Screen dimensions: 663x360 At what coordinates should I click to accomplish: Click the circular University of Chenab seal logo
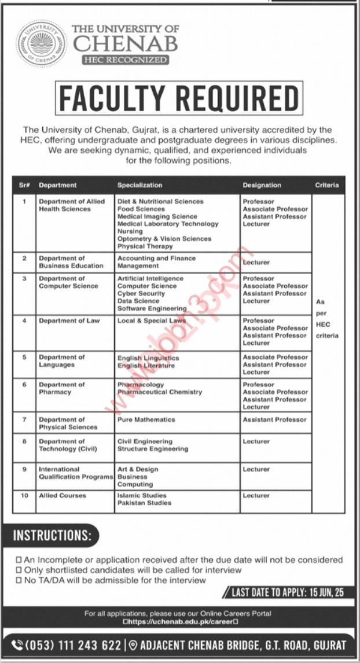pyautogui.click(x=41, y=43)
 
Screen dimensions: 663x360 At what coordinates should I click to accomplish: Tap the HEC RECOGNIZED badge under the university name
pyautogui.click(x=126, y=60)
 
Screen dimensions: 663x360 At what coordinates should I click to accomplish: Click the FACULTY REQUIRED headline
pyautogui.click(x=179, y=98)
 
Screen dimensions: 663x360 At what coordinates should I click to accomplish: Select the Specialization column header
pyautogui.click(x=139, y=185)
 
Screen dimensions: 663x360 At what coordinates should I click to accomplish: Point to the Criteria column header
pyautogui.click(x=327, y=185)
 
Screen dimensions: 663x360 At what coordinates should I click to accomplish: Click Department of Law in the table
pyautogui.click(x=69, y=321)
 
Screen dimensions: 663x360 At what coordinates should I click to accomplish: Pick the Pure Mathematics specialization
pyautogui.click(x=146, y=419)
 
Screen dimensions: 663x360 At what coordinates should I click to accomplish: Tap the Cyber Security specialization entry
pyautogui.click(x=141, y=293)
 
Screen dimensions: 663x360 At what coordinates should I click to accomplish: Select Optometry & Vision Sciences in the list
pyautogui.click(x=164, y=238)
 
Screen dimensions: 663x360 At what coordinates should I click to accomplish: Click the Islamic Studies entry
pyautogui.click(x=142, y=495)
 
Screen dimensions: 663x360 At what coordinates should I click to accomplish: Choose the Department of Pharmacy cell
pyautogui.click(x=62, y=388)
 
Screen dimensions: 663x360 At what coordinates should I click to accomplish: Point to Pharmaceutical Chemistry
pyautogui.click(x=160, y=392)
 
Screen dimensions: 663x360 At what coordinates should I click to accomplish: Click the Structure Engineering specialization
pyautogui.click(x=152, y=448)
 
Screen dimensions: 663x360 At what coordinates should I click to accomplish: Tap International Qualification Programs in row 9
pyautogui.click(x=75, y=473)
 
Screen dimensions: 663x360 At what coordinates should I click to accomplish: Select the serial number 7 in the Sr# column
pyautogui.click(x=24, y=419)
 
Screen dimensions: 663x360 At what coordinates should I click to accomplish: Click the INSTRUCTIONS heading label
pyautogui.click(x=53, y=535)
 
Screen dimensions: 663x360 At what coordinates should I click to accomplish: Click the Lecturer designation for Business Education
pyautogui.click(x=256, y=262)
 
